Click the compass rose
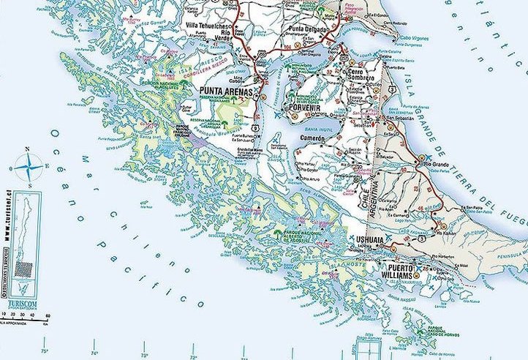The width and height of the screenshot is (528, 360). coord(28,168)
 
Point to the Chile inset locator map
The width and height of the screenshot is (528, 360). coord(27,241)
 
